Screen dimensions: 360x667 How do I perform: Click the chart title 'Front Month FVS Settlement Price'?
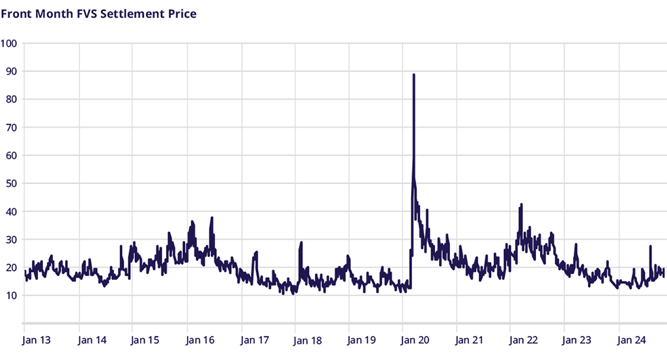98,13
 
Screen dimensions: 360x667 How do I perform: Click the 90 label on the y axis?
11,71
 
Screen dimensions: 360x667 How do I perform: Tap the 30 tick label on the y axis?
11,240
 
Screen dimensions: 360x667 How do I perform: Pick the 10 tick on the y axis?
11,296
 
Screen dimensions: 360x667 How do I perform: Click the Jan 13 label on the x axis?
36,340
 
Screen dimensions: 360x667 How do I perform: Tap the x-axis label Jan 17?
254,340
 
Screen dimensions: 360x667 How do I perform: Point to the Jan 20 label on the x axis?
414,340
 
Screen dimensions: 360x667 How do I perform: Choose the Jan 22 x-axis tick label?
523,340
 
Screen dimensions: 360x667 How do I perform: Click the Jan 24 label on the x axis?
631,340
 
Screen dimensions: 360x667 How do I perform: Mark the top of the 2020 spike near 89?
414,75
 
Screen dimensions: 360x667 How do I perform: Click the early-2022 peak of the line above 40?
521,205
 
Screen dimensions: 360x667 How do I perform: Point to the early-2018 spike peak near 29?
301,243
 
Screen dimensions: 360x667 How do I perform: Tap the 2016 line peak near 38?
212,218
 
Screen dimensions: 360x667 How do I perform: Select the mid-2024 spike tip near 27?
650,246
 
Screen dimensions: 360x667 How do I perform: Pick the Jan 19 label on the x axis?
361,340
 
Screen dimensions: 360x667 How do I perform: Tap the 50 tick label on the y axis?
11,184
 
